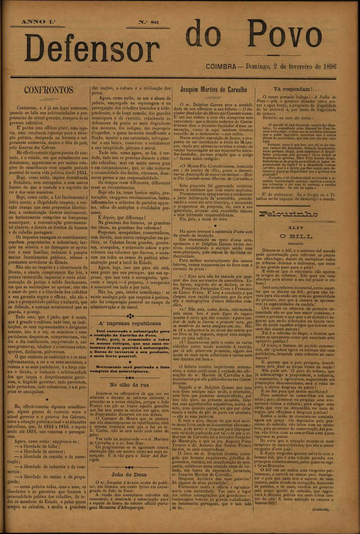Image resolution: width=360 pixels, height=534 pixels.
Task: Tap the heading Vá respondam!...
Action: point(306,89)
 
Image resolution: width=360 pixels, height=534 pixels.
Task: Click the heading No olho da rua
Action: point(130,384)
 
